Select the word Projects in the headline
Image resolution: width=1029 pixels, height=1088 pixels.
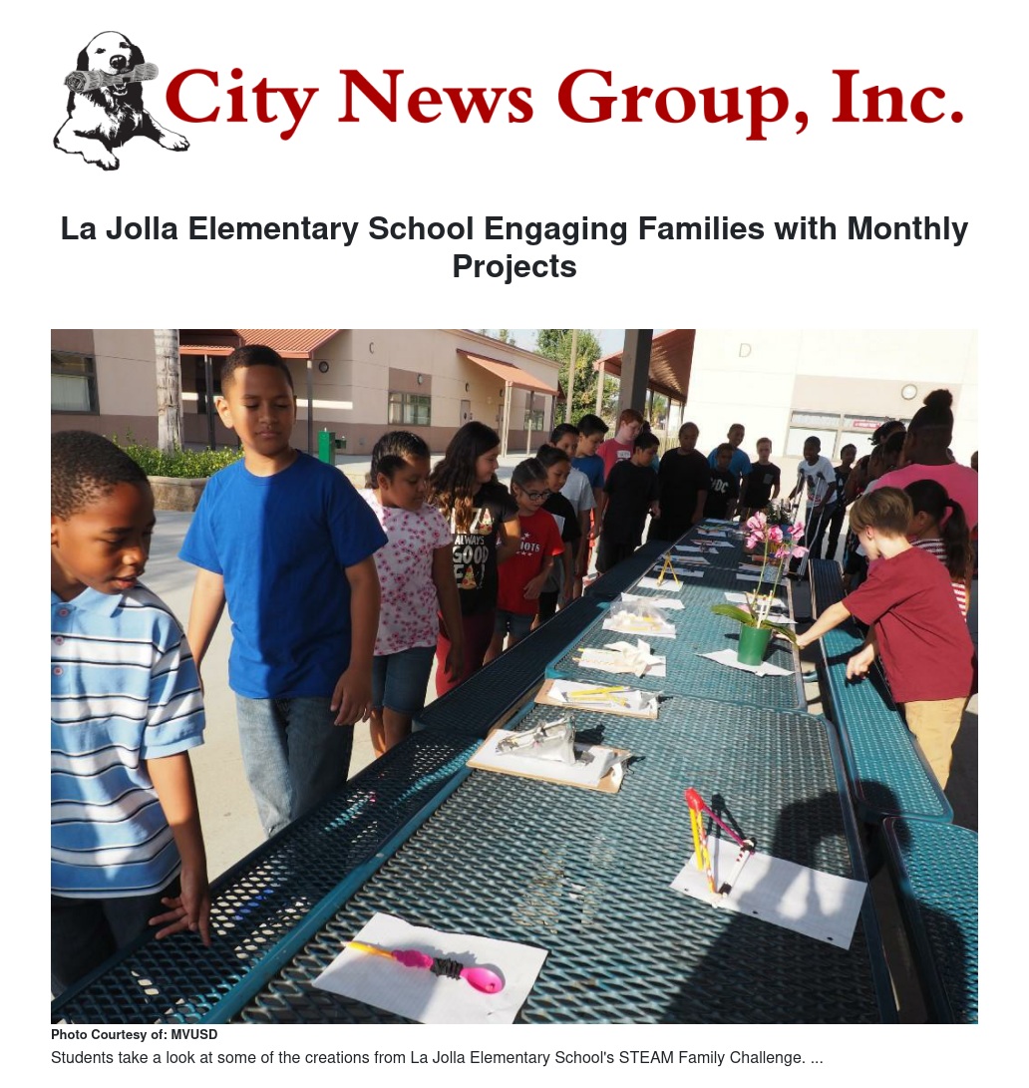click(514, 266)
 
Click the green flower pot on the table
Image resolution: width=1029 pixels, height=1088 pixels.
click(754, 643)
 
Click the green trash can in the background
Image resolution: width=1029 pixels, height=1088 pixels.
click(325, 446)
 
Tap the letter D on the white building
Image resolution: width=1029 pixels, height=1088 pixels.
click(745, 350)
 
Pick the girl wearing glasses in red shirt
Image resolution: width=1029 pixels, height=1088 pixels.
click(528, 548)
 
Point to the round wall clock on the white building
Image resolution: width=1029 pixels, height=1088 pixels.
click(908, 392)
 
